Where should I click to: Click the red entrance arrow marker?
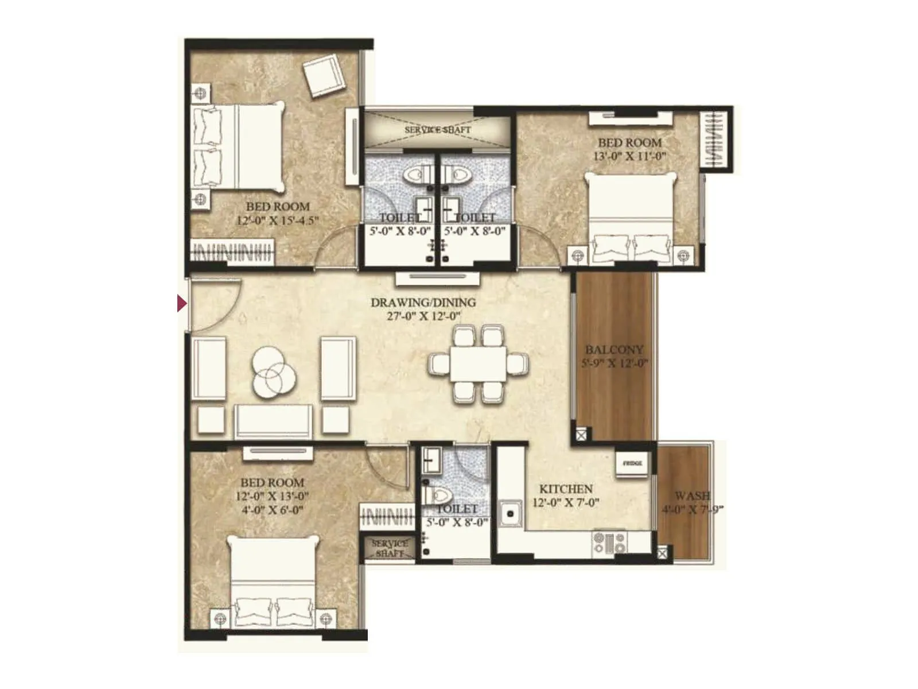pyautogui.click(x=181, y=303)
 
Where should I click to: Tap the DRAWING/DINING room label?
pyautogui.click(x=423, y=302)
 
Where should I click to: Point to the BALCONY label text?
pyautogui.click(x=614, y=349)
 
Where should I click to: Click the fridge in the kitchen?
pyautogui.click(x=632, y=463)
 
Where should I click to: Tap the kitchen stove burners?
pyautogui.click(x=609, y=542)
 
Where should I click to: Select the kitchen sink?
pyautogui.click(x=509, y=514)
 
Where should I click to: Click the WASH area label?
pyautogui.click(x=693, y=496)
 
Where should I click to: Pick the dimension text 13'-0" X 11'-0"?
pyautogui.click(x=629, y=156)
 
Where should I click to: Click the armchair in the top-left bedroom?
pyautogui.click(x=324, y=75)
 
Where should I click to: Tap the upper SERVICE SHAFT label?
pyautogui.click(x=437, y=130)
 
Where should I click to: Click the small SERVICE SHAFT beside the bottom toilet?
pyautogui.click(x=390, y=548)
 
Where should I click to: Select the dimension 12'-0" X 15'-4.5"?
pyautogui.click(x=278, y=220)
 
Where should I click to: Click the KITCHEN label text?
pyautogui.click(x=566, y=489)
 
